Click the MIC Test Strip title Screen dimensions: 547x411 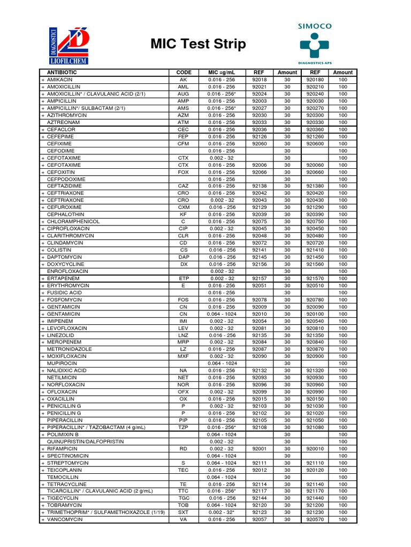(x=199, y=44)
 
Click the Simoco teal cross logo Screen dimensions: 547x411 (x=315, y=45)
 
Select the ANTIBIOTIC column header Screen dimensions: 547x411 (x=62, y=73)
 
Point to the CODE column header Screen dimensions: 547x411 (x=184, y=73)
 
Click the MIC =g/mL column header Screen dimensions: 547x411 (x=221, y=73)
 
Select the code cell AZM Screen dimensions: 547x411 (x=184, y=115)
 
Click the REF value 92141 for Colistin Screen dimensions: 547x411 (x=260, y=249)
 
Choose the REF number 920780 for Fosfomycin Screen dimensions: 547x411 (x=315, y=300)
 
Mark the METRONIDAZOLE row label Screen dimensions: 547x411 (x=70, y=349)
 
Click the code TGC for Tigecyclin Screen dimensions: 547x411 (x=184, y=498)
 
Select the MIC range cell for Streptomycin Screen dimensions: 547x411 (x=221, y=463)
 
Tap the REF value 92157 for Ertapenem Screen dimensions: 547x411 (x=260, y=278)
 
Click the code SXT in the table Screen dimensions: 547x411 (x=184, y=512)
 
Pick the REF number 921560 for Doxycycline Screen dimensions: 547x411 (x=315, y=264)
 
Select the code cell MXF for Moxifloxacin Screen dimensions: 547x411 (x=184, y=356)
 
